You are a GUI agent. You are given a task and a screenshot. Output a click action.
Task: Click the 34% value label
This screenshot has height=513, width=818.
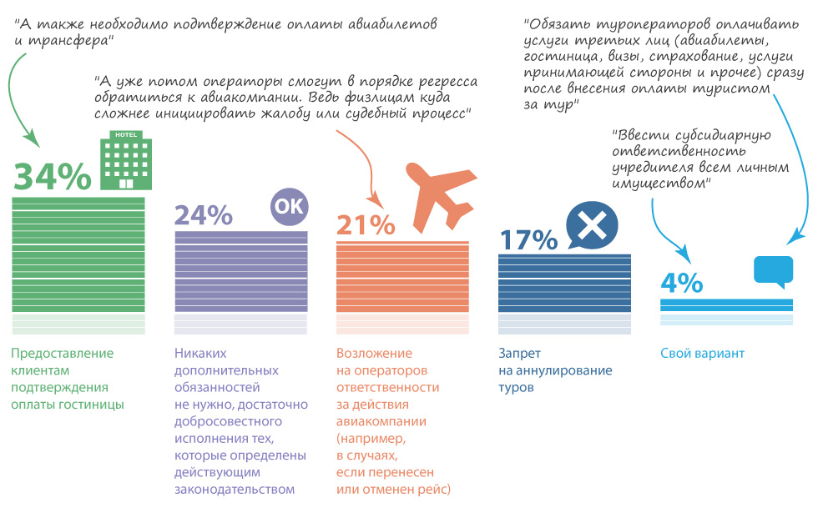(52, 176)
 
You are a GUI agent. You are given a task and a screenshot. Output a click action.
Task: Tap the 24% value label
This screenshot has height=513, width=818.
(203, 214)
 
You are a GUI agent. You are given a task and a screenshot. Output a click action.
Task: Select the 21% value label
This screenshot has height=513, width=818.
(365, 225)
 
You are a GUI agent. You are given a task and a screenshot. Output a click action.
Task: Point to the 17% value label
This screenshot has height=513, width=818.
(528, 239)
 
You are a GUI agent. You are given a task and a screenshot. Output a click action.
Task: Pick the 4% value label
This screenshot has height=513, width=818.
(681, 284)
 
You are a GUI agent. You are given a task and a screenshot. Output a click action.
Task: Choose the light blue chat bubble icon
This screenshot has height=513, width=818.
(773, 271)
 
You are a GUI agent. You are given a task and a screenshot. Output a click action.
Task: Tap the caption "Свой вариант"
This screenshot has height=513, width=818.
(702, 354)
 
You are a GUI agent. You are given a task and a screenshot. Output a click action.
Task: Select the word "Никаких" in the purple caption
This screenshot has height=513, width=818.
(200, 354)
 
